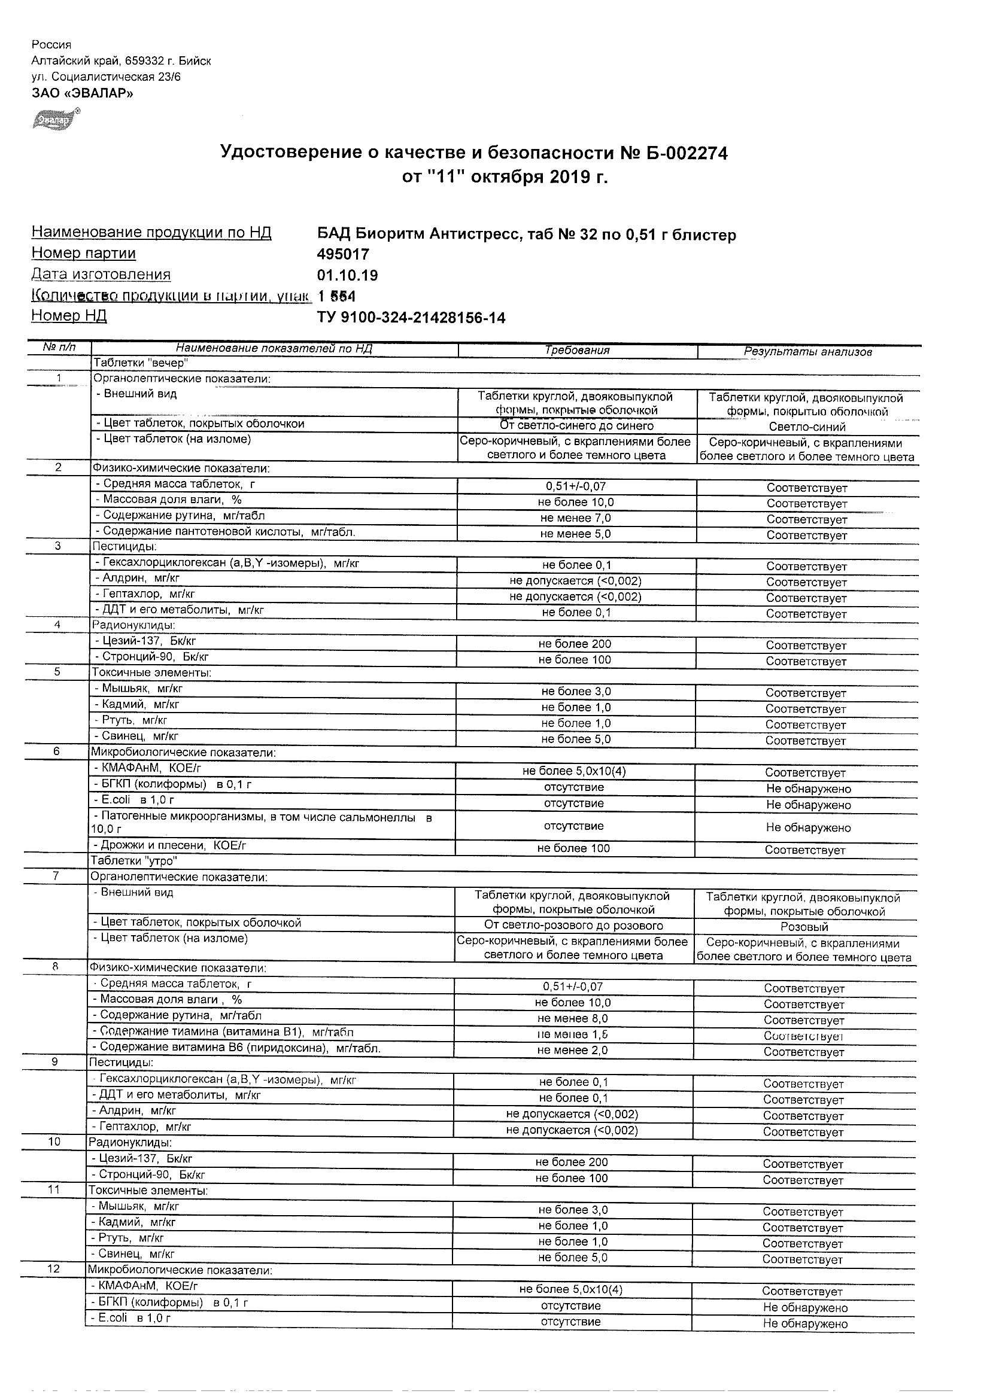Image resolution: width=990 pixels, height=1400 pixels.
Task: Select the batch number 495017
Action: (343, 254)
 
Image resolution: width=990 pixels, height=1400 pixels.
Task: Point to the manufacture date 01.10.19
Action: (347, 275)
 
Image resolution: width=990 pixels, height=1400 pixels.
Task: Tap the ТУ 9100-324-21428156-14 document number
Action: (411, 318)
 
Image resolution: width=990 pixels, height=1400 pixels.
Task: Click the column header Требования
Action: (577, 350)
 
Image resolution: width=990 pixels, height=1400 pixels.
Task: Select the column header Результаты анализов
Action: (807, 351)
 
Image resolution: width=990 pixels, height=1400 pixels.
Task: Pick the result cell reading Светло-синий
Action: (806, 427)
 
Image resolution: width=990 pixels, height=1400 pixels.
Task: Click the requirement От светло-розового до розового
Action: (573, 926)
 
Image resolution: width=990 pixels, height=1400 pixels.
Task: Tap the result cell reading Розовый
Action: (804, 927)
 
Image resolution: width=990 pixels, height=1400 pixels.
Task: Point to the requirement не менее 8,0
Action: (573, 1018)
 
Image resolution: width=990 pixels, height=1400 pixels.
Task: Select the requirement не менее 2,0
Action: (573, 1050)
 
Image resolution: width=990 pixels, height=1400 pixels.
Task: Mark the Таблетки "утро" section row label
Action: (133, 861)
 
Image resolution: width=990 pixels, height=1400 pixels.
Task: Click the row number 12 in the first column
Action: (54, 1268)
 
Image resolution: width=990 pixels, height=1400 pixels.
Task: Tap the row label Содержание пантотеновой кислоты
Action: (226, 532)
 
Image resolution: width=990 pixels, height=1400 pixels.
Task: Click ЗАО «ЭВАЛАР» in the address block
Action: (83, 93)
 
